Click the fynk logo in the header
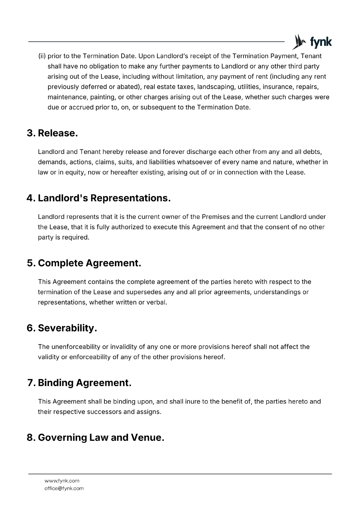click(312, 42)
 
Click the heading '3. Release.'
click(52, 133)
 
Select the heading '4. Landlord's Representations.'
click(99, 198)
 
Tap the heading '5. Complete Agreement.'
click(84, 263)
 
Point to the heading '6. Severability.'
click(62, 328)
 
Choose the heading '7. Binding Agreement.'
click(80, 383)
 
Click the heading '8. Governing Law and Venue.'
click(95, 437)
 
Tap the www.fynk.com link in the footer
click(62, 481)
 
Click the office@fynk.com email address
click(64, 488)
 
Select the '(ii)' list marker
click(42, 56)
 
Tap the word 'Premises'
click(215, 217)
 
